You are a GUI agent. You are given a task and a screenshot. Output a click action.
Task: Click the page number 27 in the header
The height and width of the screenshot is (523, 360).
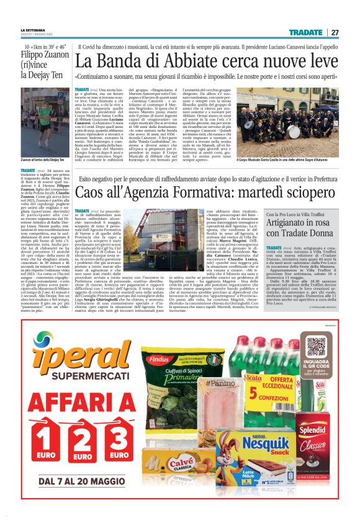pyautogui.click(x=335, y=32)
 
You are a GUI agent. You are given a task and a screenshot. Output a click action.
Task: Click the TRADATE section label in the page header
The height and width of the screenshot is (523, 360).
pyautogui.click(x=305, y=32)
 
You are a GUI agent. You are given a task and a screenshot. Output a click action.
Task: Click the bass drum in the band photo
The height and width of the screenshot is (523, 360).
pyautogui.click(x=276, y=132)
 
